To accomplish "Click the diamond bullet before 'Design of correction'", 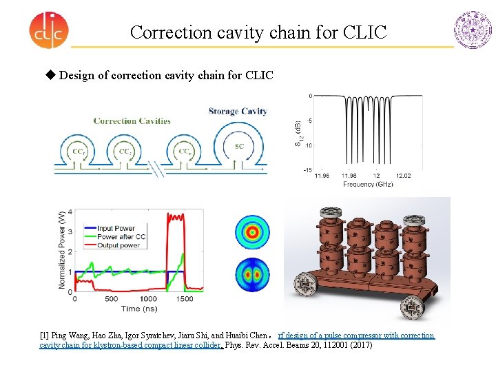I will pos(50,74).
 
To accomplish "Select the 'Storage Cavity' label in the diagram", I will pos(238,111).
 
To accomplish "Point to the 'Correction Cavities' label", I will pos(132,121).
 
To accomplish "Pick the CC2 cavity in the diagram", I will pos(126,152).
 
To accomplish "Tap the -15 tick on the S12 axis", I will pos(309,170).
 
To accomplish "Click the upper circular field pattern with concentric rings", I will pos(252,232).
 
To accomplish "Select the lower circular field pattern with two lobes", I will pos(252,274).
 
